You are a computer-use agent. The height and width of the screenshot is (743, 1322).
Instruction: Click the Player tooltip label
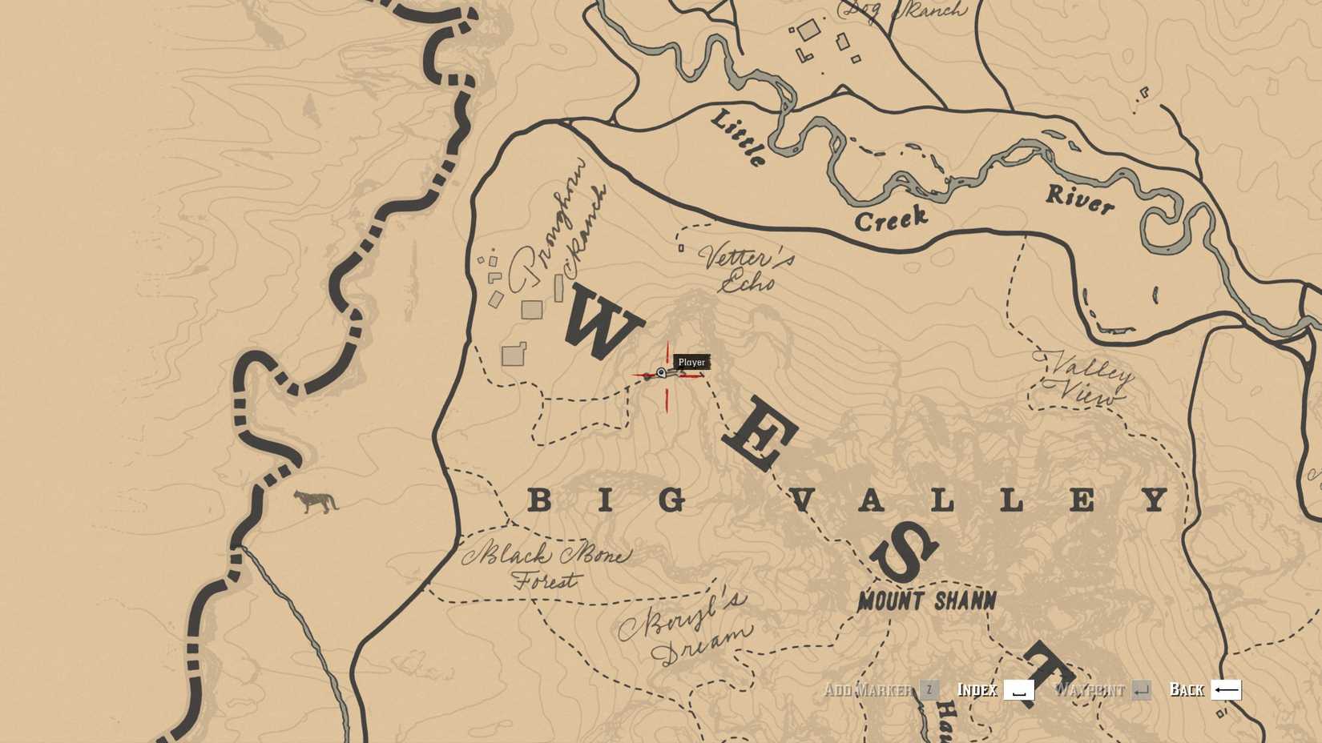[691, 363]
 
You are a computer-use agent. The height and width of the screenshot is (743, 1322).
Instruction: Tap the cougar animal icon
[316, 502]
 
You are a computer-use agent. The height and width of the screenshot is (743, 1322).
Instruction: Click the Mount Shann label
[927, 601]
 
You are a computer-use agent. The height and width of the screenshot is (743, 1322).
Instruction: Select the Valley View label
[1088, 379]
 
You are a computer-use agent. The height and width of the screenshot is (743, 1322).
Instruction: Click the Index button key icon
[1018, 690]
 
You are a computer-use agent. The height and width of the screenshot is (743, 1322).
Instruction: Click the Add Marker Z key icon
[929, 690]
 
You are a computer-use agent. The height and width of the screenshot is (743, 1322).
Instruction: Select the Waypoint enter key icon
[1141, 690]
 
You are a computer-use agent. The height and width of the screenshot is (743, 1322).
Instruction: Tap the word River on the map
[1079, 199]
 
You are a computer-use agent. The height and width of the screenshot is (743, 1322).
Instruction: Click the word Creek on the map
[891, 219]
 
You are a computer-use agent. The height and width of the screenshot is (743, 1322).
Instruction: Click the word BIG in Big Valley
[607, 501]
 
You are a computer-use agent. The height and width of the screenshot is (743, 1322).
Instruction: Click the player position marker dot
[661, 373]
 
